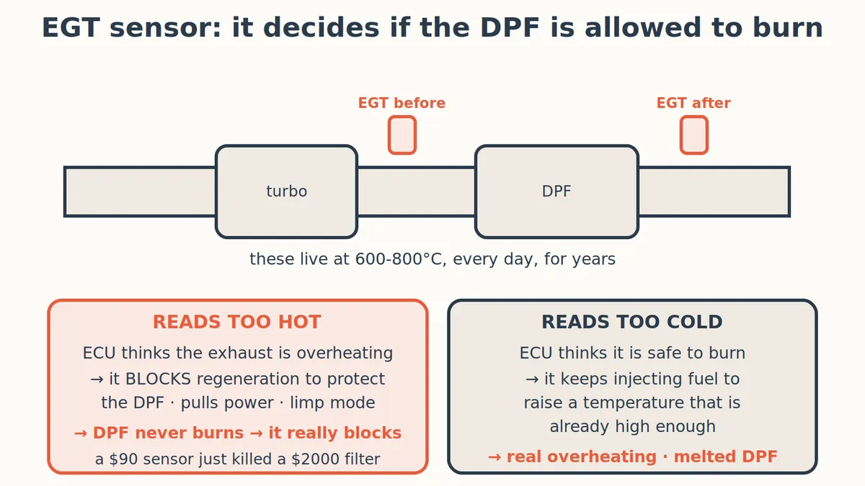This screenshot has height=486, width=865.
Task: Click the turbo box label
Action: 287,192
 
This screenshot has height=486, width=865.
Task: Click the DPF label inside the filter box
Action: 556,192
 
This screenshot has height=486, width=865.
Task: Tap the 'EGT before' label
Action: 402,103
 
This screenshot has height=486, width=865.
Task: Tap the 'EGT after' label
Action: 693,103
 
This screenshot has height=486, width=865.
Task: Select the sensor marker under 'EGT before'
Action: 402,135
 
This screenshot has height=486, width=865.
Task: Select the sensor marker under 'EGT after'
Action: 694,135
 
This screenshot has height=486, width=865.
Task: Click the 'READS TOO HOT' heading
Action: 236,322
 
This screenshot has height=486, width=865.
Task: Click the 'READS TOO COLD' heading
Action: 632,322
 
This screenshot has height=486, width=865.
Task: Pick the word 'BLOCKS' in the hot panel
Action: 158,379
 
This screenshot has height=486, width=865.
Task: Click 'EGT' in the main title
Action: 71,28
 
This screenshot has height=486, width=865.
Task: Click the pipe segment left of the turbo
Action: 140,192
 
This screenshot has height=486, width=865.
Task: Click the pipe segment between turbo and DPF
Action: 417,192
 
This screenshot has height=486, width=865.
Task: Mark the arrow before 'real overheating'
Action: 494,457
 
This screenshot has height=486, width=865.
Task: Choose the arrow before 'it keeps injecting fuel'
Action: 532,379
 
